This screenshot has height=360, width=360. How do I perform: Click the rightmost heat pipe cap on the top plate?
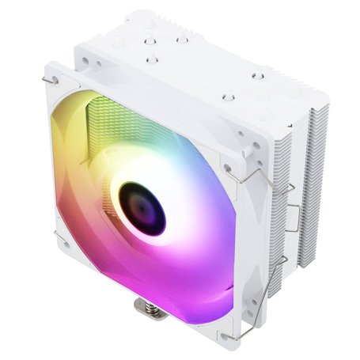(256, 76)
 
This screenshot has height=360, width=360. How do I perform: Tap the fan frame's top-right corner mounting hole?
(228, 168)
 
